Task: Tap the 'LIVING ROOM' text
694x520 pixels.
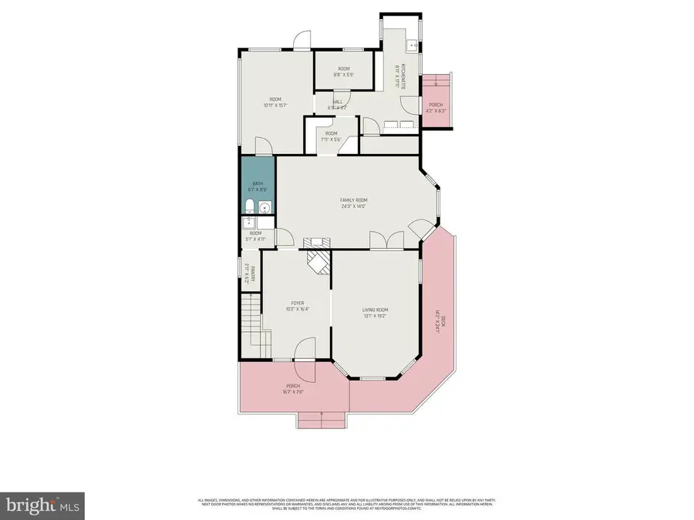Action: [x=374, y=310]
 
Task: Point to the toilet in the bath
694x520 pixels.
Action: [x=249, y=206]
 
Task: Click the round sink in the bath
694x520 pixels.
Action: [x=265, y=206]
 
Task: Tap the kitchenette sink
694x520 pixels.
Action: [x=413, y=45]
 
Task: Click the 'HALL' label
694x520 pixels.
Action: [x=338, y=102]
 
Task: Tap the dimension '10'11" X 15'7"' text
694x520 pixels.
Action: [x=275, y=106]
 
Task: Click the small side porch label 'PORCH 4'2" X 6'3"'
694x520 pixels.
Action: [x=436, y=107]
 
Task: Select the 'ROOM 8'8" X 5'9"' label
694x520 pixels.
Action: [x=343, y=72]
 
